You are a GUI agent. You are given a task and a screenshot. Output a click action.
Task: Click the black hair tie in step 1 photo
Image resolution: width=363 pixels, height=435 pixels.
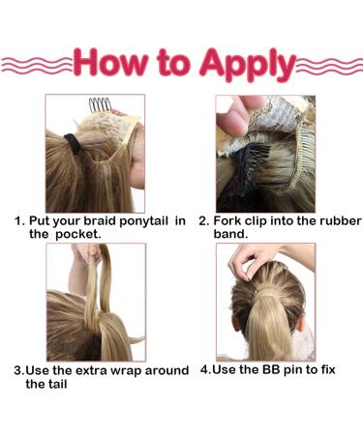coord(72,145)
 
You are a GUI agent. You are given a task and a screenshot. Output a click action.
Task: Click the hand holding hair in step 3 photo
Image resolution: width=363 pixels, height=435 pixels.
coord(89,253)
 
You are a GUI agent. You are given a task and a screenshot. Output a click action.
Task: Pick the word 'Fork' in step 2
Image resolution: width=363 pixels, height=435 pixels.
coord(228,221)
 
